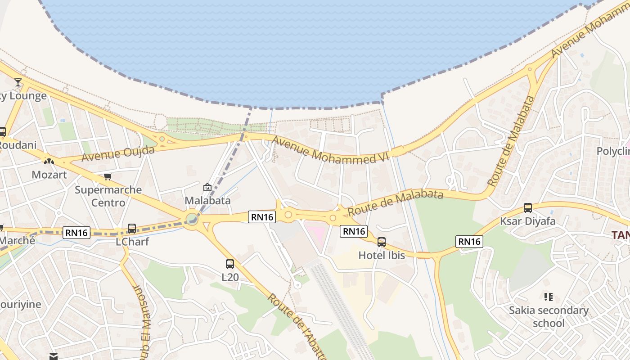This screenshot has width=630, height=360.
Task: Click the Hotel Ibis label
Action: (382, 256)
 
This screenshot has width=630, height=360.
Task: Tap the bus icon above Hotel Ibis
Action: (382, 242)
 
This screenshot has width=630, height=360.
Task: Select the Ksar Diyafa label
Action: (527, 221)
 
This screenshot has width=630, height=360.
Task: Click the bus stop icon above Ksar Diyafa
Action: (528, 208)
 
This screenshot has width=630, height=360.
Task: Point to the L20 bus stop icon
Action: (230, 264)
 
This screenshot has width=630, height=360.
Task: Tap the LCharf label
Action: (132, 242)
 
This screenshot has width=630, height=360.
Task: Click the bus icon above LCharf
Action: (132, 229)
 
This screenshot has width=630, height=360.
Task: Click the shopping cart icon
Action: (108, 176)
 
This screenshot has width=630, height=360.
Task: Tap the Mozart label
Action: (49, 175)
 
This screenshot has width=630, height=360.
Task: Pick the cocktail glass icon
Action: (18, 82)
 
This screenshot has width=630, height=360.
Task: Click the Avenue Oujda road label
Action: (118, 153)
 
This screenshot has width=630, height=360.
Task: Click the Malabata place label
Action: (208, 200)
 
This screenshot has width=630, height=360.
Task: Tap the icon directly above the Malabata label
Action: (207, 187)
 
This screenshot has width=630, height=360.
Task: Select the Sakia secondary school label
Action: (549, 317)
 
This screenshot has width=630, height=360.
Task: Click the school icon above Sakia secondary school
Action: (548, 297)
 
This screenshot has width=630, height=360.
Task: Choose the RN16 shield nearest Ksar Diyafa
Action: (469, 242)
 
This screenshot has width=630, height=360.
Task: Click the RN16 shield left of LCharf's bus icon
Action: (77, 233)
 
